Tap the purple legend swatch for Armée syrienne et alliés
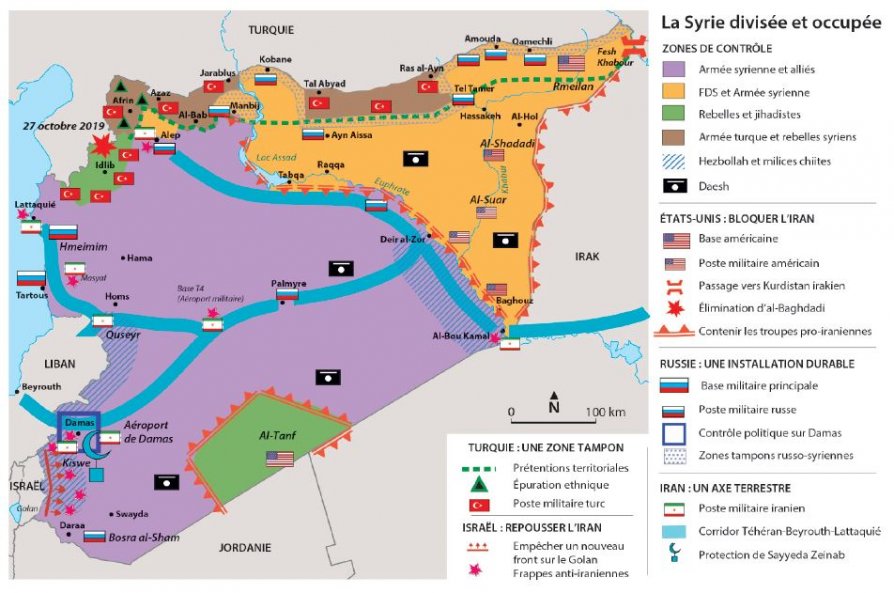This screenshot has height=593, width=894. (x=676, y=69)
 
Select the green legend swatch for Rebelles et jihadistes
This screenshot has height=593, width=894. (x=676, y=116)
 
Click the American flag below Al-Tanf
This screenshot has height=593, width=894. (x=279, y=459)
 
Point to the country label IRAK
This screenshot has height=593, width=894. (x=586, y=257)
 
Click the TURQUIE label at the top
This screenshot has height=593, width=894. (x=272, y=31)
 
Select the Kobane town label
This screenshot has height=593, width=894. (x=275, y=60)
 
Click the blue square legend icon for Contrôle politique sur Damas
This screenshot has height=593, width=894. (x=676, y=432)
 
